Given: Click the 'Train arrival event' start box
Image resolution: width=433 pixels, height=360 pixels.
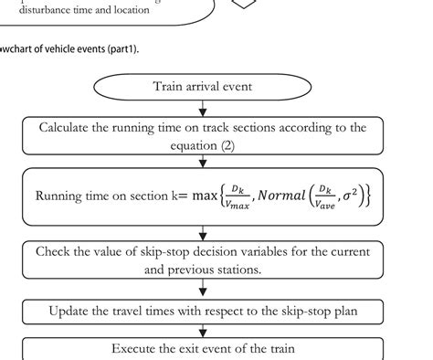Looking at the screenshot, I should (203, 88).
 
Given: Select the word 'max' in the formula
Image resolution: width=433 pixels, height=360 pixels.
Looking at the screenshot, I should (206, 196).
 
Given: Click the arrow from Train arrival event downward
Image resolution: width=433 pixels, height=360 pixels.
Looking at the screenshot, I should (203, 110).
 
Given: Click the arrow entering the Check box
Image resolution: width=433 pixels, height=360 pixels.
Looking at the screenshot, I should (203, 233).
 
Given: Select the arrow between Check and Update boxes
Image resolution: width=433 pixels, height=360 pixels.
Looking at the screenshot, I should (203, 291).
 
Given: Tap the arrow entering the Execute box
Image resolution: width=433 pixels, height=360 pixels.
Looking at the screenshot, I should (203, 331).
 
